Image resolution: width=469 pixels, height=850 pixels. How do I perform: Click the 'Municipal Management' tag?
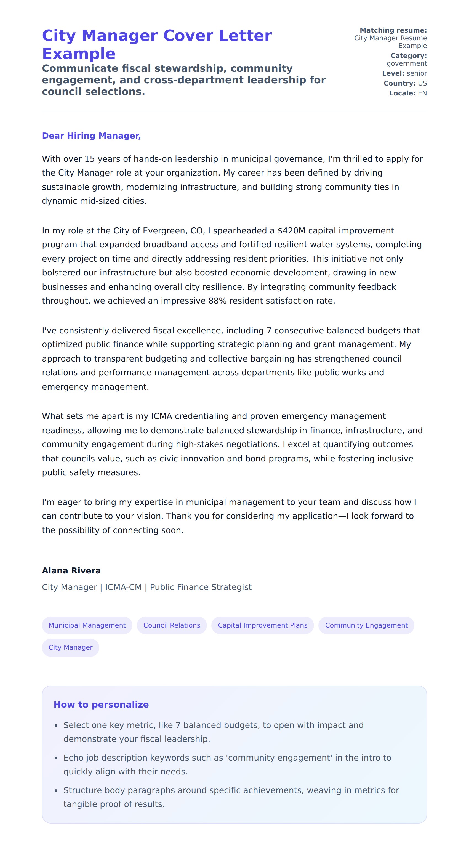coord(87,625)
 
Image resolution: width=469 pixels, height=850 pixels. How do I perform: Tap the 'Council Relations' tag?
coord(172,625)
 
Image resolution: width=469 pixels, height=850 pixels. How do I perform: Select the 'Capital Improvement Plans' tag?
coord(263,625)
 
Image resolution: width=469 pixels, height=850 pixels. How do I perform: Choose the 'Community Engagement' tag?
coord(366,625)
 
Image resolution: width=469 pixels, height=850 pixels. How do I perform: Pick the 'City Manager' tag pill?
coord(71,647)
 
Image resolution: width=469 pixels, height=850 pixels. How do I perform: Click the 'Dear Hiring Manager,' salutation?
coord(91,136)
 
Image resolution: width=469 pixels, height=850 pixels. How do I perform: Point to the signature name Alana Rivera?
coord(71,570)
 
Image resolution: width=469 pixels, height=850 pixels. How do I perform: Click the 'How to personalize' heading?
coord(101,705)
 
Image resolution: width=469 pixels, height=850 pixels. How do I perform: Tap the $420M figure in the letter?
coord(292,231)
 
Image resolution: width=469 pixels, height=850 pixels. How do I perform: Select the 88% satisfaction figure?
coord(217,301)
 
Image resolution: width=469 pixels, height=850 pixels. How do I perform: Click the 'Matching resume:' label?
coord(393,30)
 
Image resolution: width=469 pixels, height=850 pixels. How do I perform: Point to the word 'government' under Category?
coord(407,63)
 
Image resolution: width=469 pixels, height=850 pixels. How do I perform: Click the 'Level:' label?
coord(393,73)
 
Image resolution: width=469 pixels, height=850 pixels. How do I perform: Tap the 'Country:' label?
coord(399,83)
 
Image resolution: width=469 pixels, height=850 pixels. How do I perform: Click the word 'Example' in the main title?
coord(79,54)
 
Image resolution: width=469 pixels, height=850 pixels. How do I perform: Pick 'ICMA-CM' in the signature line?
coord(123,587)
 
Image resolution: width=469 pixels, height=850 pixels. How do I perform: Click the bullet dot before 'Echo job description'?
coord(56,758)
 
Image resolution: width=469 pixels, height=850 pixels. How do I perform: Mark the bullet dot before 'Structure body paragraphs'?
coord(56,791)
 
